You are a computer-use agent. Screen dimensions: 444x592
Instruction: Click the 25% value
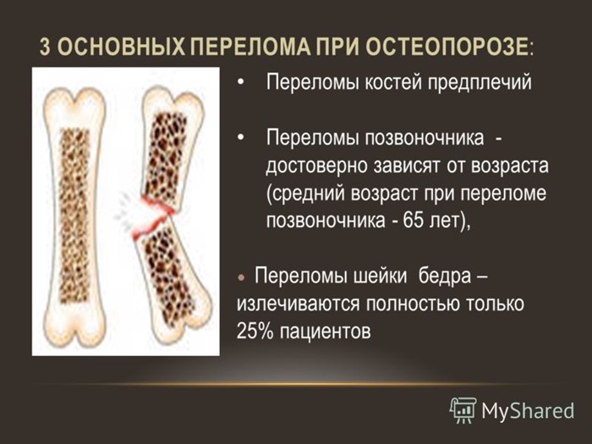249,330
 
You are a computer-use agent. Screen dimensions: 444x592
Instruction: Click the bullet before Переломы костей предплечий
243,84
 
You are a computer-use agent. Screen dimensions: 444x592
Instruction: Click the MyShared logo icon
463,409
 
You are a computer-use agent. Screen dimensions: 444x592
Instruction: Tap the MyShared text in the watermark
528,410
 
